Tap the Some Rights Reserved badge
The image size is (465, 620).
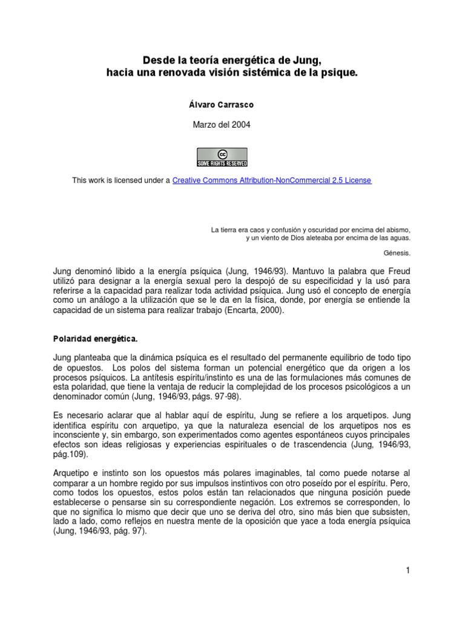click(x=222, y=156)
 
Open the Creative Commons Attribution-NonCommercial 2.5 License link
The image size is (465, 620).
click(x=272, y=180)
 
